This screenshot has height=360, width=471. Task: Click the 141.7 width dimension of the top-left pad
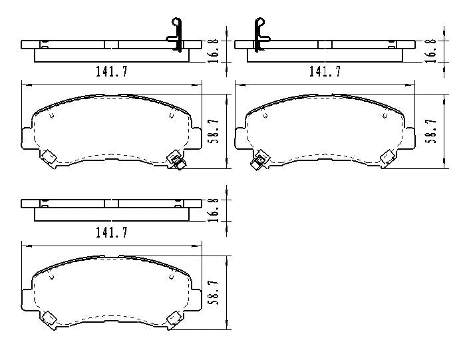pyautogui.click(x=111, y=72)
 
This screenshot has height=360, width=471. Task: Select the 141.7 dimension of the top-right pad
pyautogui.click(x=325, y=72)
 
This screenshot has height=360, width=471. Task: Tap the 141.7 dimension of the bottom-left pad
pyautogui.click(x=111, y=232)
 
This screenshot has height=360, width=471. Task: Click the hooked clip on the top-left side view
pyautogui.click(x=176, y=33)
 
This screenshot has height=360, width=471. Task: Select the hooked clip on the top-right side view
pyautogui.click(x=259, y=33)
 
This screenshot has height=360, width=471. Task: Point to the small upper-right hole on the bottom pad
pyautogui.click(x=171, y=275)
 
